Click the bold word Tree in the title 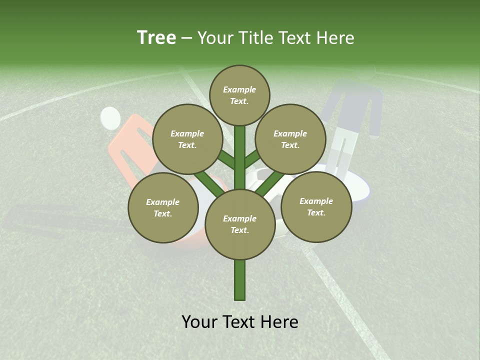pyautogui.click(x=156, y=38)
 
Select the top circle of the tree pyautogui.click(x=239, y=95)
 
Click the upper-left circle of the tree pyautogui.click(x=187, y=139)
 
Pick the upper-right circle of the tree pyautogui.click(x=290, y=139)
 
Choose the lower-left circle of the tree pyautogui.click(x=163, y=207)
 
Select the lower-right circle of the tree pyautogui.click(x=316, y=206)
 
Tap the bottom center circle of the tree pyautogui.click(x=240, y=224)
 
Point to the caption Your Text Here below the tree pyautogui.click(x=240, y=322)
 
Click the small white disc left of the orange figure pyautogui.click(x=110, y=118)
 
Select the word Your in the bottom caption pyautogui.click(x=200, y=322)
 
